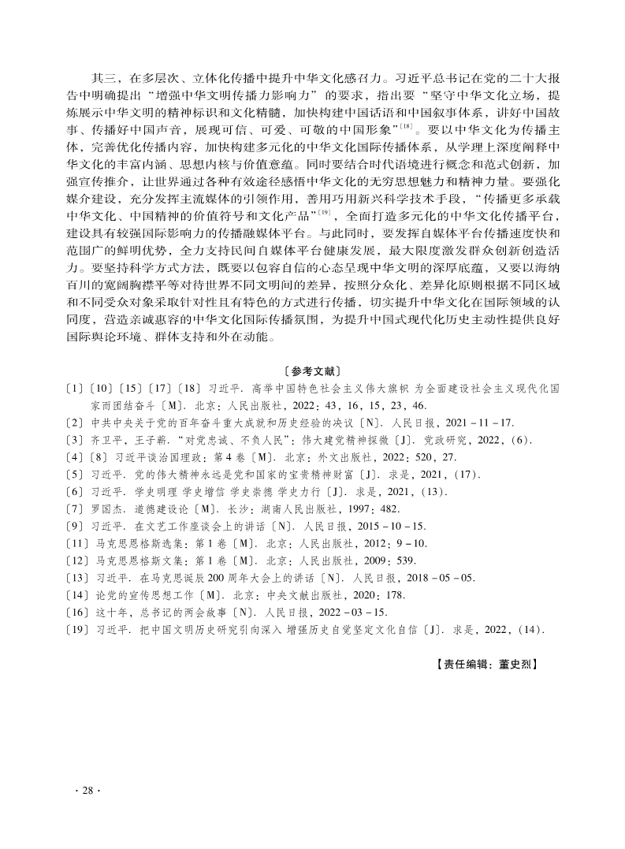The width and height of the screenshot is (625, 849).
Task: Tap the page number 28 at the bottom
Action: (87, 791)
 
